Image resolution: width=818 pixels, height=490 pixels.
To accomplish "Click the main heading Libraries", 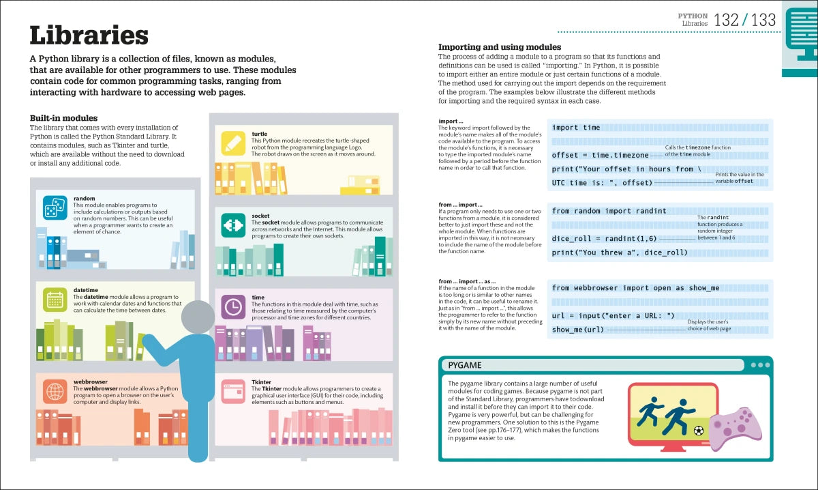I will tap(89, 35).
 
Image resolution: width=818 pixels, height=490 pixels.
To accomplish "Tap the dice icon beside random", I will tap(55, 208).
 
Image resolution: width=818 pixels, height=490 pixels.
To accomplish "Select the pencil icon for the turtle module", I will tap(233, 143).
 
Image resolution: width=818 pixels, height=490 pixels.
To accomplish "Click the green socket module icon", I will tap(233, 225).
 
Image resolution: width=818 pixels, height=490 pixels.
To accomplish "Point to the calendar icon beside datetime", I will tap(55, 300).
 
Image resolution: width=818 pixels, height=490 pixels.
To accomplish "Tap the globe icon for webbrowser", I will tap(55, 391).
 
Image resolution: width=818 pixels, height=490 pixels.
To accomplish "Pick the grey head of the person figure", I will tap(199, 317).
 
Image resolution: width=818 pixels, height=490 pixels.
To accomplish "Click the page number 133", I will tap(763, 20).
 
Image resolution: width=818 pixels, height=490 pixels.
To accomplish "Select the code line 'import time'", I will tap(576, 128).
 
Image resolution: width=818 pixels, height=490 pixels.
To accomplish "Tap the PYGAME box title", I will tap(465, 365).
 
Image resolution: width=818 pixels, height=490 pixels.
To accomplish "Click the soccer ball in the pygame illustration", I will tap(698, 431).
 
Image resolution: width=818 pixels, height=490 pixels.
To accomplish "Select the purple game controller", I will tap(734, 424).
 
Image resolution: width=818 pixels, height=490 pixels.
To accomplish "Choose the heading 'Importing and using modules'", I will tap(499, 47).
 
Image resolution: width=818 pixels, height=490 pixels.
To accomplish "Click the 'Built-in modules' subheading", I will tap(63, 118).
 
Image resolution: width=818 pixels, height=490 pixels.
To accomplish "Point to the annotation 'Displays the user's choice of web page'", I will tap(708, 325).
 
